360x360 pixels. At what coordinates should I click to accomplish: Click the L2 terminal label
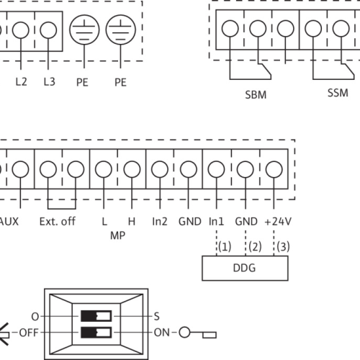21,82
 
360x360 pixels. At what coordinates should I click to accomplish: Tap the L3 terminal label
50,82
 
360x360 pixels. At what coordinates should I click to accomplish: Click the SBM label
256,95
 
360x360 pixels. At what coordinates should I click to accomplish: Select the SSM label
338,93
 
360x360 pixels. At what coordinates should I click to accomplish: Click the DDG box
245,268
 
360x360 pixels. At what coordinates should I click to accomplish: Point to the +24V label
278,222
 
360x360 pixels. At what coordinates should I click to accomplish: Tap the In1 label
216,222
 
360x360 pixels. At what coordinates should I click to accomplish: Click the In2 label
160,222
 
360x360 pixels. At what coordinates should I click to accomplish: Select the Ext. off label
58,222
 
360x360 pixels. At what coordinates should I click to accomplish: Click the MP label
117,235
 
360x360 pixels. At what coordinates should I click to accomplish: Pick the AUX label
9,222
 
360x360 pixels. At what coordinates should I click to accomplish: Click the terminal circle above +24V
274,169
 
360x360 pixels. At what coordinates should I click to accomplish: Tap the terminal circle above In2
160,169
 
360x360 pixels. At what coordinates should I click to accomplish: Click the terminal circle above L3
48,30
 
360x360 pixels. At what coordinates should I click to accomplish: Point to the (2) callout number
255,247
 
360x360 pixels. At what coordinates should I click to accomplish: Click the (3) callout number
283,247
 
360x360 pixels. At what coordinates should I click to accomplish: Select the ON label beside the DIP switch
162,333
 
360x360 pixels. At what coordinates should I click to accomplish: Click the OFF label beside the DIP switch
29,333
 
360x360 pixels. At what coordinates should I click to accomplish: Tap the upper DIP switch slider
96,316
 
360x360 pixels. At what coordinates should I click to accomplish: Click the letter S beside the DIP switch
157,316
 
